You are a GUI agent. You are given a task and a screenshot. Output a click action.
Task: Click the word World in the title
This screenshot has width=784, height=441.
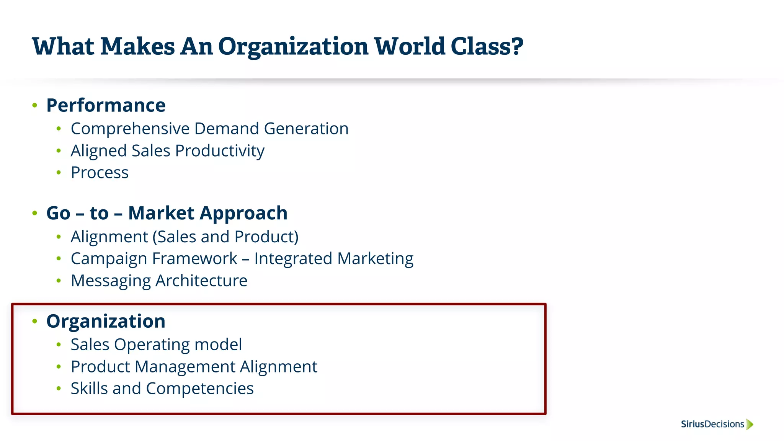coord(409,47)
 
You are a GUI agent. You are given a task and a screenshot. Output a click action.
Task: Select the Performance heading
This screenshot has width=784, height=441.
coord(106,105)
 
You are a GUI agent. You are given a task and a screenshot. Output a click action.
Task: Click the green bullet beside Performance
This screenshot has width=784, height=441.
coord(35,105)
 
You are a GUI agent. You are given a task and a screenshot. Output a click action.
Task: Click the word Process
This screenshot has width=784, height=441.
coord(100,173)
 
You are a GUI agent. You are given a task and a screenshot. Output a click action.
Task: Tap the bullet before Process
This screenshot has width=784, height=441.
coord(59,173)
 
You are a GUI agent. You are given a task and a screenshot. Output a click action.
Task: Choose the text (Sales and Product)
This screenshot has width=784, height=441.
coord(225,237)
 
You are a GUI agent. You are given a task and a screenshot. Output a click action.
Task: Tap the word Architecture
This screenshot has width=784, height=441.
coord(201,281)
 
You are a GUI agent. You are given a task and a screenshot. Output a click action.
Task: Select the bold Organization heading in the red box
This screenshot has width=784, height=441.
coord(106,321)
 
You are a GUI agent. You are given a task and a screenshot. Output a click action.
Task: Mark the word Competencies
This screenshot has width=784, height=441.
coord(199,389)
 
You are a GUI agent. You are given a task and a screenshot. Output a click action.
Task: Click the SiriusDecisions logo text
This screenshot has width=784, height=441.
coord(712,424)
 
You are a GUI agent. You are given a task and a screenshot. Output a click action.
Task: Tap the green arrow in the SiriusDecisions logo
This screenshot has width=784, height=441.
coord(750,424)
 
